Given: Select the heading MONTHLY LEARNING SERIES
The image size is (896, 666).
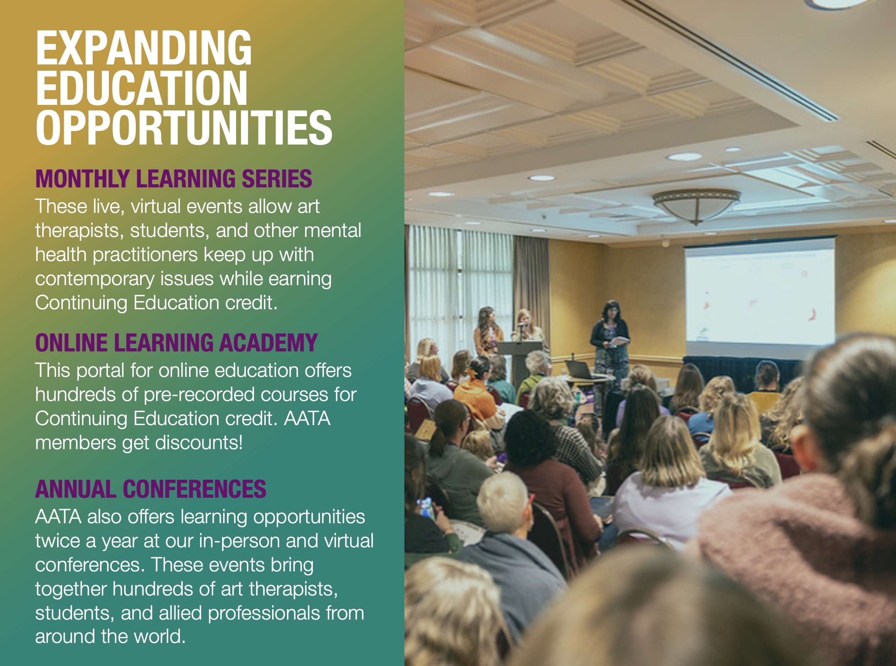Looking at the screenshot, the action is tap(173, 179).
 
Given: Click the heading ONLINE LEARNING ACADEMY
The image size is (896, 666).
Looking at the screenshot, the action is tap(176, 343).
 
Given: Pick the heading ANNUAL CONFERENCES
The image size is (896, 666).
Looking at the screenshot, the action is tap(150, 489).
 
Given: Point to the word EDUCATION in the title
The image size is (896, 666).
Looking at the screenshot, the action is tap(142, 88).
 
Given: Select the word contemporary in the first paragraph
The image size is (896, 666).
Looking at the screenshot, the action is tap(95, 280).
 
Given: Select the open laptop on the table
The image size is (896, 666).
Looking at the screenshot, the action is tap(580, 369).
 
